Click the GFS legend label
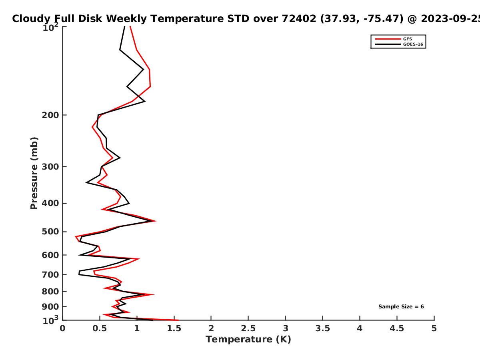407,39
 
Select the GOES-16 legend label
413,44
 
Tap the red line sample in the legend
388,39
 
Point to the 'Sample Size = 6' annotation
401,307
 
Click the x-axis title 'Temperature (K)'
248,340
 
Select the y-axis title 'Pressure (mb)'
34,173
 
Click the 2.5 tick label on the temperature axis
248,328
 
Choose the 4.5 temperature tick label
397,328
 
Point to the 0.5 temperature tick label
100,328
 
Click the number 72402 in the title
299,18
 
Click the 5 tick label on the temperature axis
434,328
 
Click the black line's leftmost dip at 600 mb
79,255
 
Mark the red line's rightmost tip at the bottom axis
179,320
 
